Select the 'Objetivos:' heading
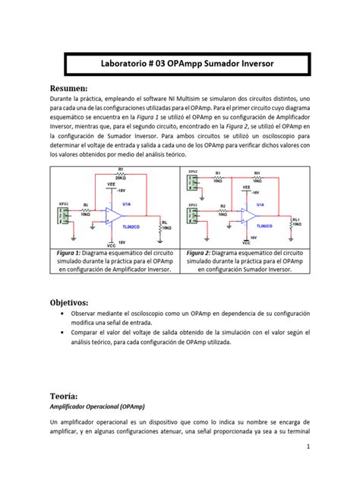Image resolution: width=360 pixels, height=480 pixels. click(73, 302)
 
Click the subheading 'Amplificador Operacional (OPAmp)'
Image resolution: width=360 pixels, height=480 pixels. click(99, 408)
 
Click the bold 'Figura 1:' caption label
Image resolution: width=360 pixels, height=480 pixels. click(71, 252)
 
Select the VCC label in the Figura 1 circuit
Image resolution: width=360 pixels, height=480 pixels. click(112, 245)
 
